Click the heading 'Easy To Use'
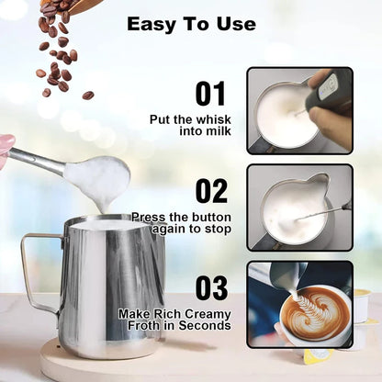click(191, 24)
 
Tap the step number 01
click(211, 94)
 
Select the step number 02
click(211, 190)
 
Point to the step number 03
click(211, 287)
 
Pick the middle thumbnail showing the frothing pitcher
click(299, 206)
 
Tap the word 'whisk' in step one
click(213, 119)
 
